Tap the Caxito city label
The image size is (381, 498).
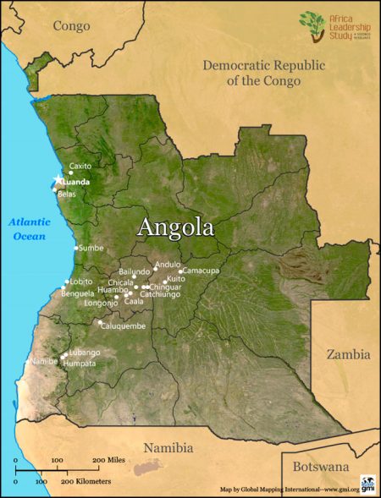point(80,167)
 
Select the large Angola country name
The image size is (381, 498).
point(175,227)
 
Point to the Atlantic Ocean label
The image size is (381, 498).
point(30,229)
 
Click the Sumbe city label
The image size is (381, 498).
point(91,249)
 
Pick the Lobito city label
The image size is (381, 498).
point(81,282)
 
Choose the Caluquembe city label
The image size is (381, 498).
point(124,326)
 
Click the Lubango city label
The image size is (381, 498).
point(85,352)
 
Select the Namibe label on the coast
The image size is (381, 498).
point(43,362)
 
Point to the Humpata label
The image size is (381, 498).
point(80,363)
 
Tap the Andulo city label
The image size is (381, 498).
point(168,264)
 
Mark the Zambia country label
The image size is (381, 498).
point(349,355)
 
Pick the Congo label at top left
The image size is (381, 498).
point(71,26)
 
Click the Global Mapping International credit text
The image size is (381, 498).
point(288,489)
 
